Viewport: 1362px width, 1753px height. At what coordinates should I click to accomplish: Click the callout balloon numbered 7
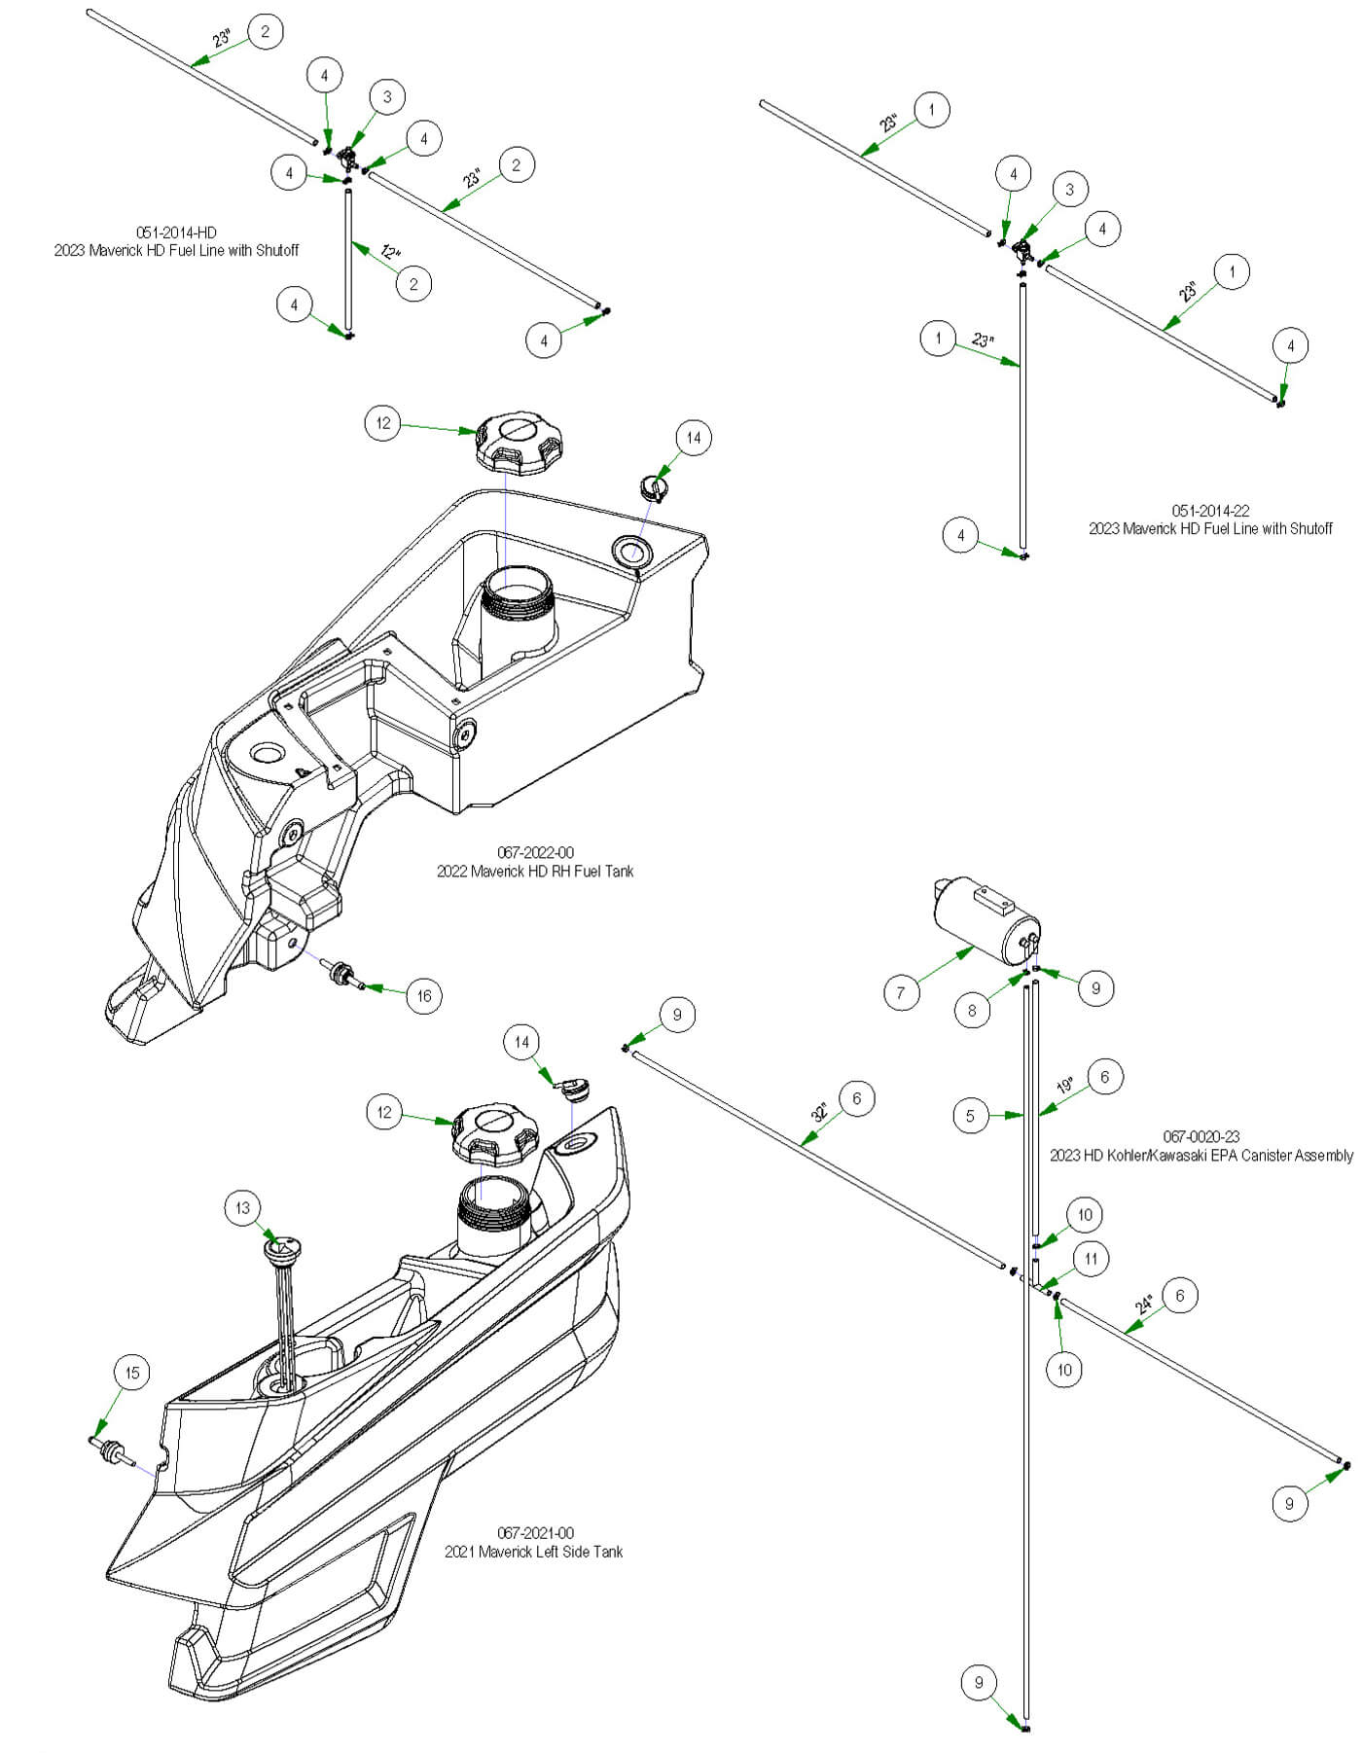point(902,993)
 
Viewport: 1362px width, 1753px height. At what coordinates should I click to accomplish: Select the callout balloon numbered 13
point(242,1208)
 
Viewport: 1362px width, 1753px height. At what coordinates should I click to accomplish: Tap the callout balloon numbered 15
point(132,1373)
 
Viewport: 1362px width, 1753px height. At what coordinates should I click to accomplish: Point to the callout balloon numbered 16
point(424,995)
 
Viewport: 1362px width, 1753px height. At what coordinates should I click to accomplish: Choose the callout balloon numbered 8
point(972,1011)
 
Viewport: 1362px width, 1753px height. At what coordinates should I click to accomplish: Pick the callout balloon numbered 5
point(970,1116)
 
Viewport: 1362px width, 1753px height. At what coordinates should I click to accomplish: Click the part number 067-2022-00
point(535,853)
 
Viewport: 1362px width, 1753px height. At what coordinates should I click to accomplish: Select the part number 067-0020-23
point(1201,1136)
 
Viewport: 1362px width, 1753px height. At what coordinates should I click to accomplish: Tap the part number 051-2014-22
point(1210,511)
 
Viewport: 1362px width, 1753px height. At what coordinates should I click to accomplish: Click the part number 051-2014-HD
point(176,233)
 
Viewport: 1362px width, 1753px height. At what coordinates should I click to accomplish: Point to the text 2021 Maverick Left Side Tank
point(533,1552)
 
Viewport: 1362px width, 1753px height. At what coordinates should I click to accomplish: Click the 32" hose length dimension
point(820,1112)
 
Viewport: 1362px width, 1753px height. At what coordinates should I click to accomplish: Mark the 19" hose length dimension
point(1065,1085)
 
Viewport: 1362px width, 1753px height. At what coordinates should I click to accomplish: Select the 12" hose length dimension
point(390,252)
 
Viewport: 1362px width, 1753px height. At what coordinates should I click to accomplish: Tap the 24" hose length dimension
point(1144,1303)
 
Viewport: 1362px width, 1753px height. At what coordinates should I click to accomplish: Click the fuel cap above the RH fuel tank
point(520,443)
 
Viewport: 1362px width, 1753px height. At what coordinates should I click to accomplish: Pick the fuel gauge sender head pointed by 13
point(283,1247)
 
